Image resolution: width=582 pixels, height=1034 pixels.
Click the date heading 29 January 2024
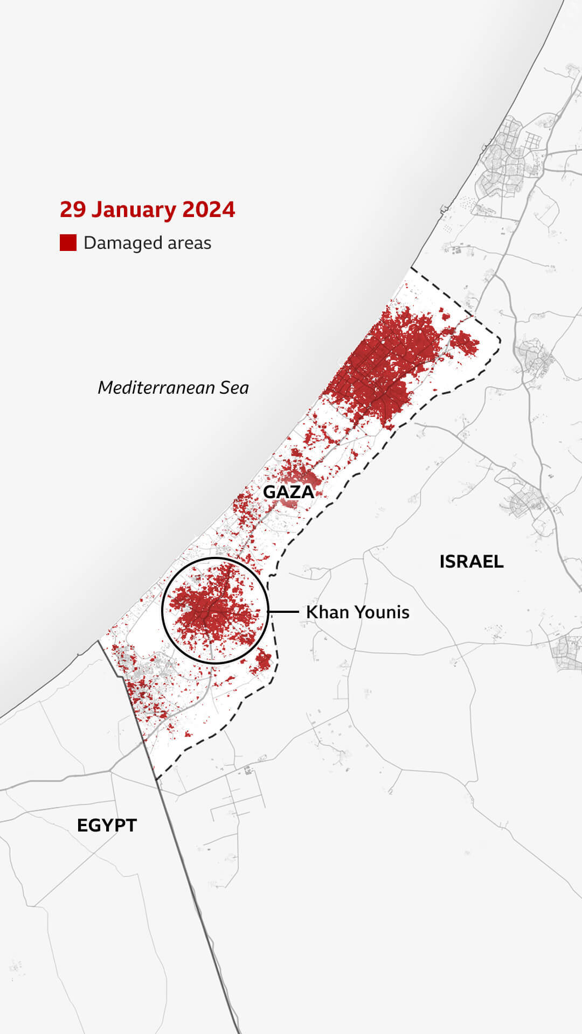tap(147, 209)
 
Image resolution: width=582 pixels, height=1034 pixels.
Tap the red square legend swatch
tap(68, 243)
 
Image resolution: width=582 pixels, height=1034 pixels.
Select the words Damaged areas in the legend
tap(147, 243)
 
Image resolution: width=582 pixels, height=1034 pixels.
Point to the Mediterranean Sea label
tap(173, 387)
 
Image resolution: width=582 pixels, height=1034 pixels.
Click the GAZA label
tap(288, 492)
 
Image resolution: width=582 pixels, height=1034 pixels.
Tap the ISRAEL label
tap(471, 561)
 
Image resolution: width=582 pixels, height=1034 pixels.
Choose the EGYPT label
tap(107, 825)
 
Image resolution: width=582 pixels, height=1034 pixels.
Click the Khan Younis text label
tap(357, 612)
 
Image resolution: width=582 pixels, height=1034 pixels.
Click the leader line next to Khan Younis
tap(283, 612)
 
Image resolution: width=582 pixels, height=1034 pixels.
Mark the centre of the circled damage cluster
tap(215, 611)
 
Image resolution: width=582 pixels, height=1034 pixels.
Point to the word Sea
tap(234, 387)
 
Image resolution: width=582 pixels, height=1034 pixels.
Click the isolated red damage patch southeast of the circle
tap(263, 661)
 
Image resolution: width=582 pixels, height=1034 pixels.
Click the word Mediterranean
tap(156, 387)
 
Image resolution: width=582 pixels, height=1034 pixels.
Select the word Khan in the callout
tap(323, 612)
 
